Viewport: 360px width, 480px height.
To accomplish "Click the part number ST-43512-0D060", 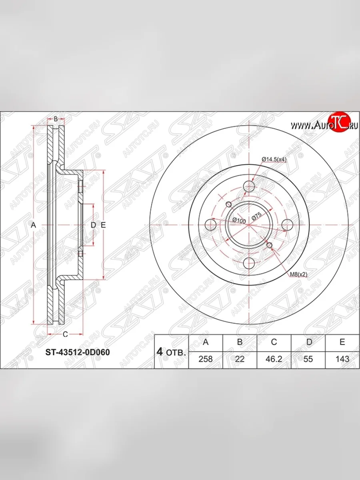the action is point(78,352).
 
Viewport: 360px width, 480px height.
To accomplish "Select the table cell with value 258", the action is point(206,359).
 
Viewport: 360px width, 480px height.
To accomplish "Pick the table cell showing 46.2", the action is point(274,359).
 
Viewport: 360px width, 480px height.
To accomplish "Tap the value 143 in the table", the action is point(342,359).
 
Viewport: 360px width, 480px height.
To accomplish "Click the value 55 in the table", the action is point(308,359).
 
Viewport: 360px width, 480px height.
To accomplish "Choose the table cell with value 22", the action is point(240,359).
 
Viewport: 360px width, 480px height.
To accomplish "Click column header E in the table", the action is point(342,342).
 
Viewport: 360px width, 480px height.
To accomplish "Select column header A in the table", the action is point(206,342).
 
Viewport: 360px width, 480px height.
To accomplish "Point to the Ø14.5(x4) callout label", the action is point(274,160).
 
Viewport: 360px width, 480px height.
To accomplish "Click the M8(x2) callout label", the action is point(298,274).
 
